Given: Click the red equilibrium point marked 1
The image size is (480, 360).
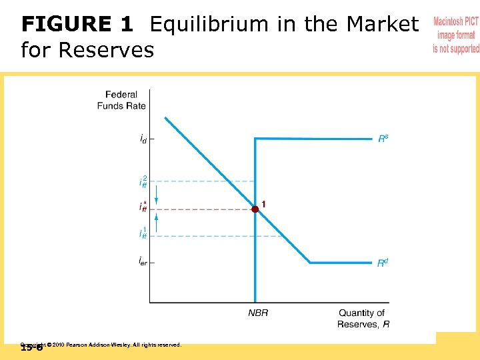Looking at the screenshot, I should [x=255, y=209].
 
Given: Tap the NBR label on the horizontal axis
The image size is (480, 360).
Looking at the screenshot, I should [x=258, y=313].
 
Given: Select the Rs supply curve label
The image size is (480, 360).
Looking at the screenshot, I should [x=383, y=139].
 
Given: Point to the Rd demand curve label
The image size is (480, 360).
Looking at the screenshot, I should [x=383, y=263].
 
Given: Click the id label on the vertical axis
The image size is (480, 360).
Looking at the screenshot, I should [x=143, y=139].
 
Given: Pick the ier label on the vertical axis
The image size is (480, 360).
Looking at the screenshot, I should [x=143, y=262].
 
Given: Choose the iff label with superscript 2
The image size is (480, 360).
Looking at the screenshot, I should [x=143, y=181].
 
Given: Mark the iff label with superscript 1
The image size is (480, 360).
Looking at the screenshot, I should [x=143, y=234].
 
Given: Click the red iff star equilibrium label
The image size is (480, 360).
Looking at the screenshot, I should [x=143, y=207].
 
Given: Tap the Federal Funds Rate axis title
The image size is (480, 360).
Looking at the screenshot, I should [x=121, y=100].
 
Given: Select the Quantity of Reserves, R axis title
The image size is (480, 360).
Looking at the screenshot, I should [x=362, y=318].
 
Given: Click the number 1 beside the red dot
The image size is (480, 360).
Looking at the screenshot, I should [x=265, y=203].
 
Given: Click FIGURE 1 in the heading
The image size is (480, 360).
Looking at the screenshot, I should [x=77, y=25].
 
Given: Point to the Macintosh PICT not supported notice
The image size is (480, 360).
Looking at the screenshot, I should [x=456, y=35].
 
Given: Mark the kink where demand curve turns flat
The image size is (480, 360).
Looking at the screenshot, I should [x=310, y=263].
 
